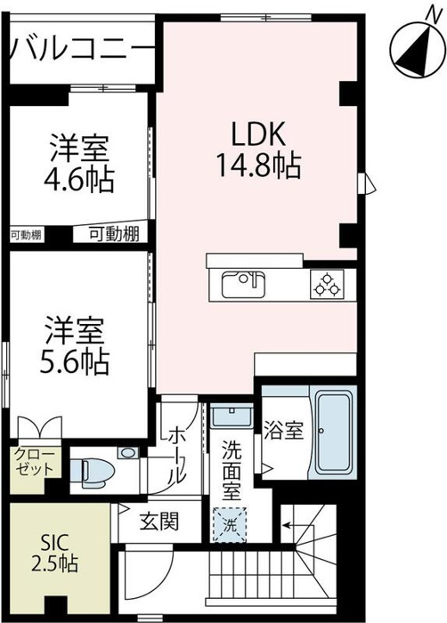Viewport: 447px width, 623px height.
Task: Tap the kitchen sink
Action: (242, 286)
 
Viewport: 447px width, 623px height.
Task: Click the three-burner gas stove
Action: (327, 286)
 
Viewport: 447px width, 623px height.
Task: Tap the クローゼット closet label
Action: (34, 465)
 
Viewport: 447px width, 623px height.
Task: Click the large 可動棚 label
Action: (113, 234)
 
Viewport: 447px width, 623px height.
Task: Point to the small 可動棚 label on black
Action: (26, 235)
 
